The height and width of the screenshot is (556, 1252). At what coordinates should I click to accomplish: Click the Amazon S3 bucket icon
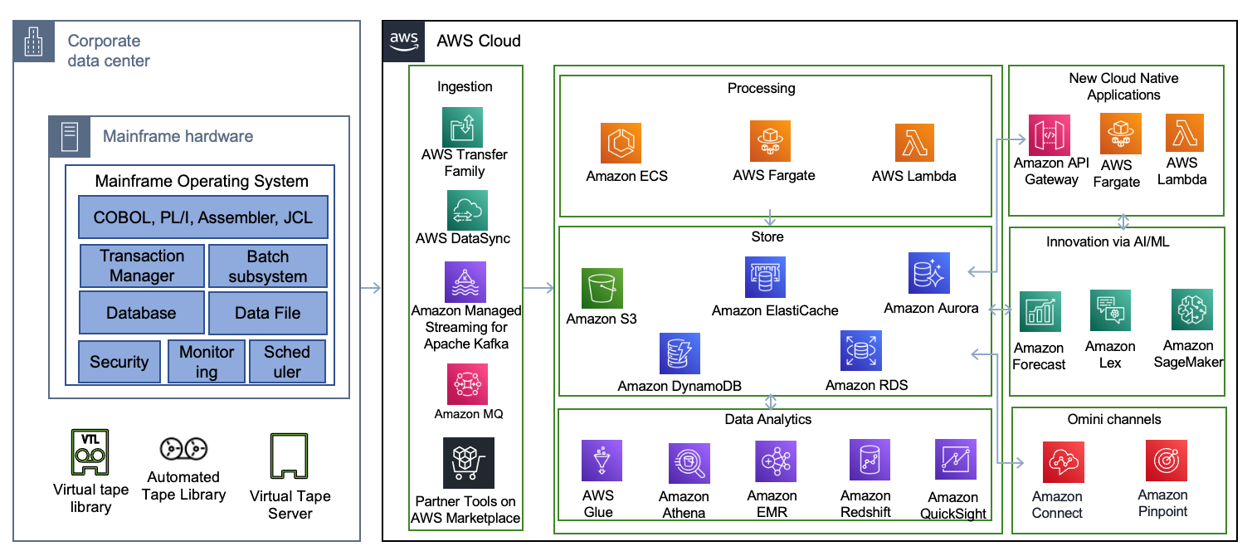(x=602, y=288)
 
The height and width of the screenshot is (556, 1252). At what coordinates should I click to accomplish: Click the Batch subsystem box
(x=267, y=266)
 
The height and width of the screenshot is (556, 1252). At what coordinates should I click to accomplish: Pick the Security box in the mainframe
(x=119, y=362)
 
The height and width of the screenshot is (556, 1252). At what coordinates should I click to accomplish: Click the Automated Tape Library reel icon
(x=183, y=449)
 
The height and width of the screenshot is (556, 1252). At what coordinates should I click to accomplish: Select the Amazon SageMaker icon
(x=1192, y=310)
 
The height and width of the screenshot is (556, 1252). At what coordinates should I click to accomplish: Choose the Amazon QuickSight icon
(x=955, y=460)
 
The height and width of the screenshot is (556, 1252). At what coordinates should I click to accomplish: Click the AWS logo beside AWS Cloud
(x=403, y=41)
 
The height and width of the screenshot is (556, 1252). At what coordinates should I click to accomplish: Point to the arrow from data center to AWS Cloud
(x=371, y=289)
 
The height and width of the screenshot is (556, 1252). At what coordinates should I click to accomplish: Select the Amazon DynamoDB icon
(x=680, y=354)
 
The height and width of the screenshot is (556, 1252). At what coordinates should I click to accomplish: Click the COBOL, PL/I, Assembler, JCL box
(x=203, y=217)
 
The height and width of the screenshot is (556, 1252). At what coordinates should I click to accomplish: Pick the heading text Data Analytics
(x=767, y=419)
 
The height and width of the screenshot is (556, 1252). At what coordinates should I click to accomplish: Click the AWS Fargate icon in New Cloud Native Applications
(x=1120, y=134)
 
